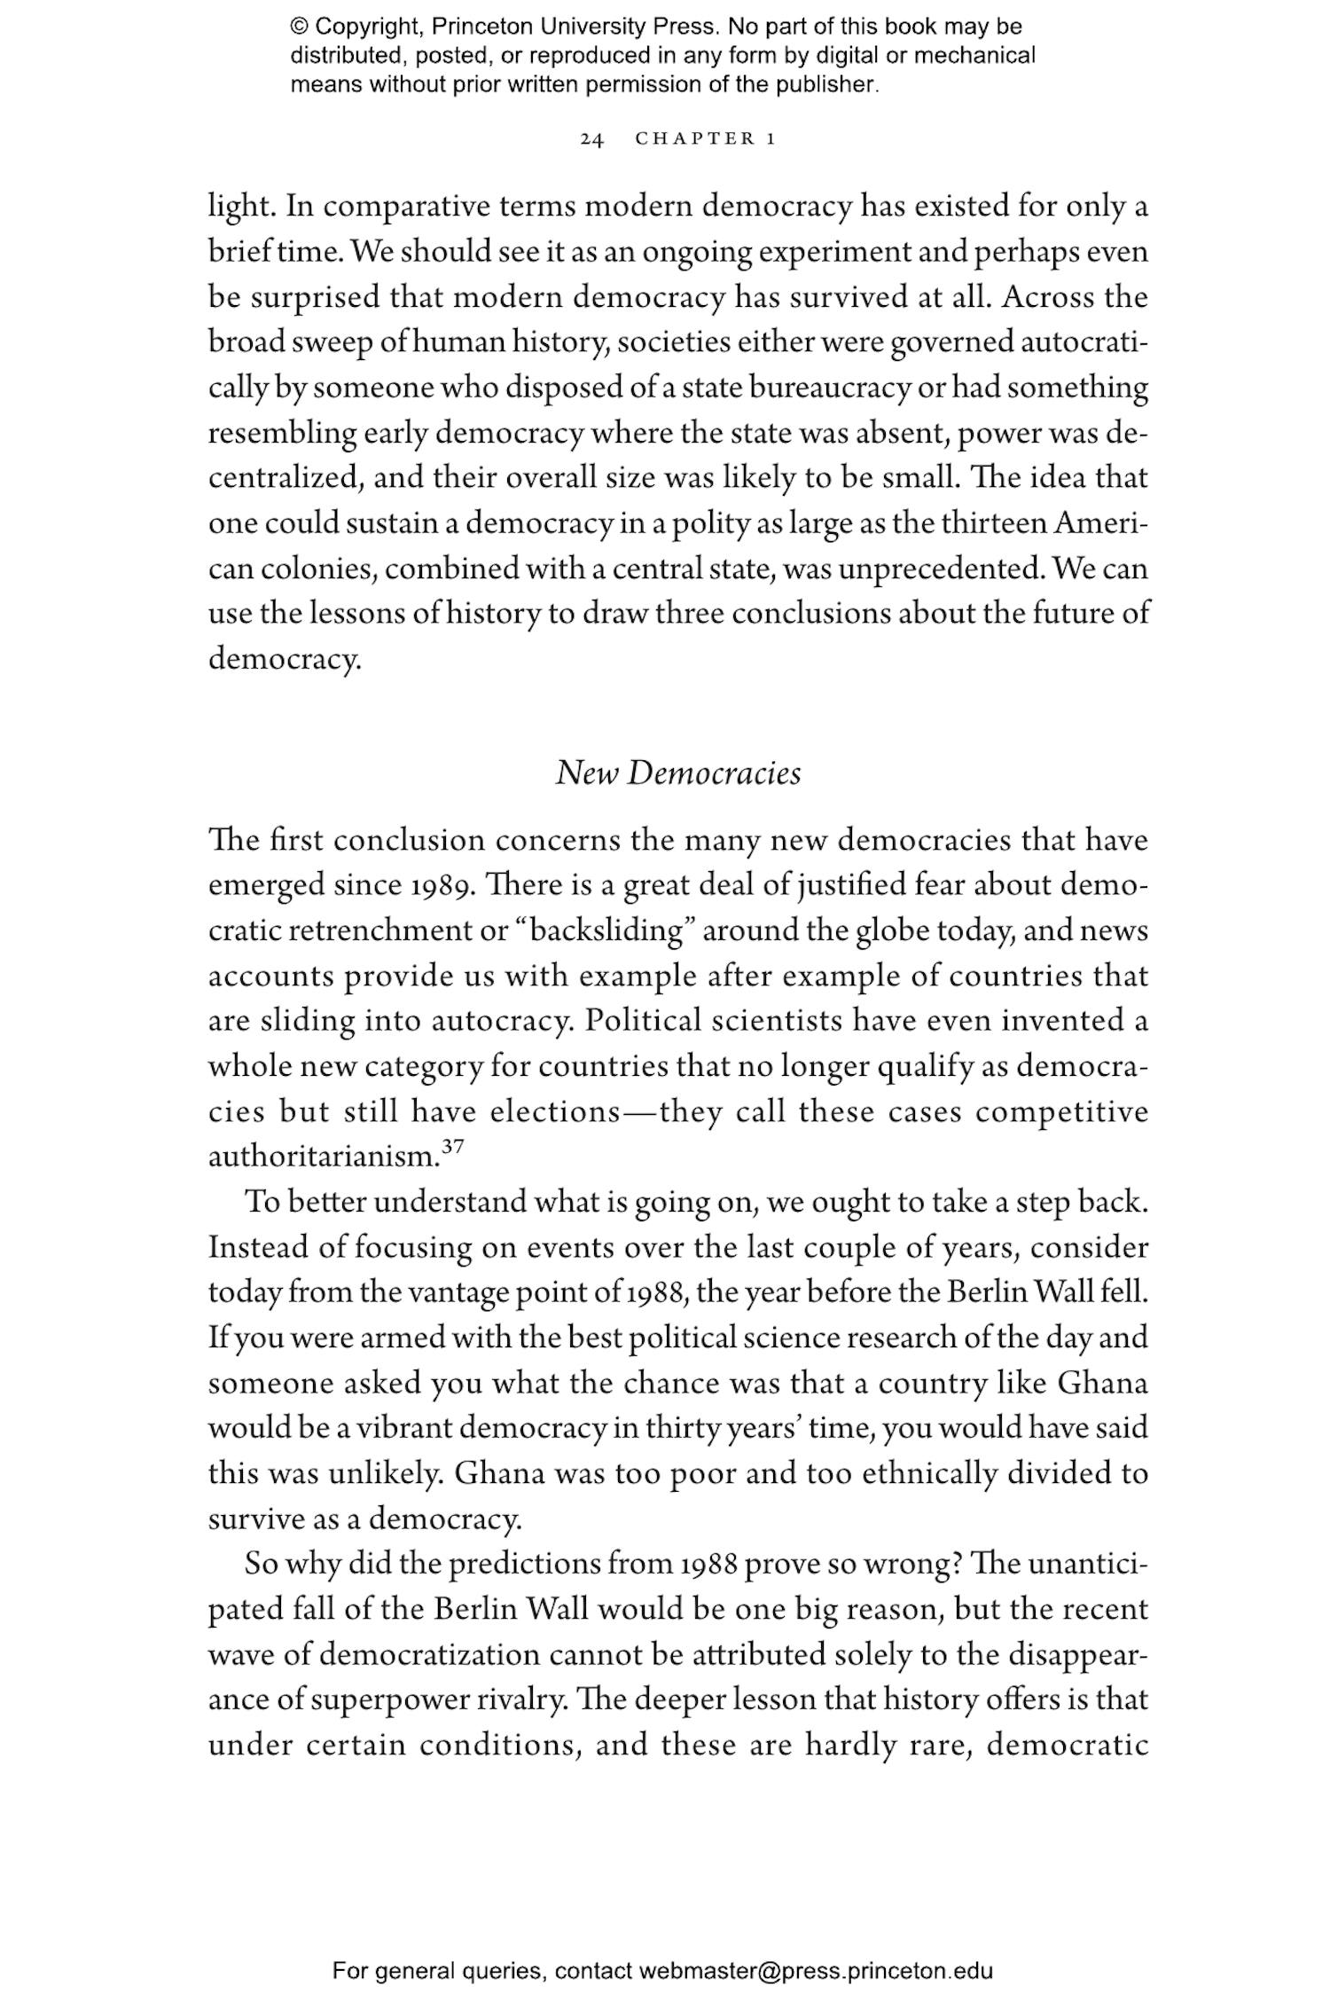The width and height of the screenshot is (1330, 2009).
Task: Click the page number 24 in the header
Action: pos(591,139)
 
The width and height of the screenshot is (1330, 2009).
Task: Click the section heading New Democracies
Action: pos(677,773)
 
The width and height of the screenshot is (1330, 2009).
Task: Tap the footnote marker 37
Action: pos(452,1148)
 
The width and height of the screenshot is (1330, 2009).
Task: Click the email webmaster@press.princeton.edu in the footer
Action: pos(815,1972)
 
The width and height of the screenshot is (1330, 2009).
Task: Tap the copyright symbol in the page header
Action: pos(298,27)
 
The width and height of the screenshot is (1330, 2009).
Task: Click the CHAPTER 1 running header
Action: pos(706,139)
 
